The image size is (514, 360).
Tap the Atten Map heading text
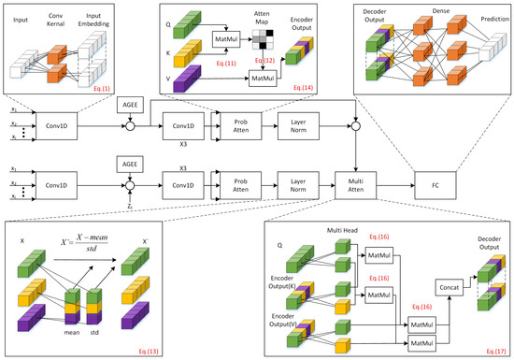[x=262, y=18]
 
